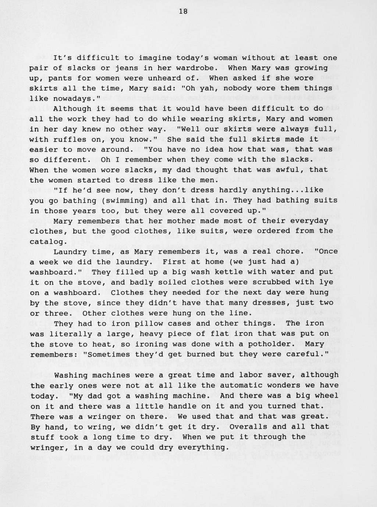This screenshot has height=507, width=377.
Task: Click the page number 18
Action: (x=183, y=11)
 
